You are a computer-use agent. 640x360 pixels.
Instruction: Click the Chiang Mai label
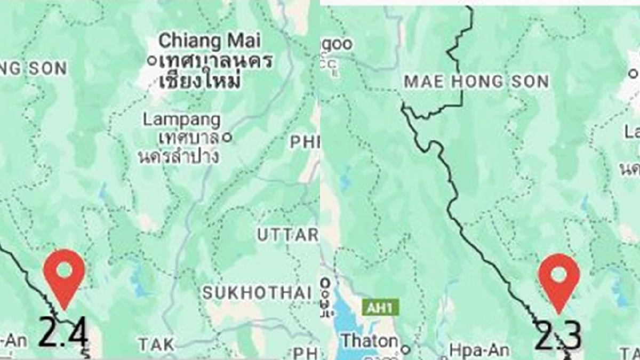pyautogui.click(x=210, y=41)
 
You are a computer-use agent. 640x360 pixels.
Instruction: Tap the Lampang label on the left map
pyautogui.click(x=181, y=119)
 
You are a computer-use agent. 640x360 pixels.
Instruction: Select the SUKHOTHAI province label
pyautogui.click(x=257, y=292)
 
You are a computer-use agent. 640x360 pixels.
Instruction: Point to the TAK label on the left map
pyautogui.click(x=156, y=344)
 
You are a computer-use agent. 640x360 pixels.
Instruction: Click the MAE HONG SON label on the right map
pyautogui.click(x=476, y=82)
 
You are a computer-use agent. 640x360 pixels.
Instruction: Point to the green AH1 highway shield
pyautogui.click(x=380, y=307)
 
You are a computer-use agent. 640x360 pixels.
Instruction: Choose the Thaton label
pyautogui.click(x=370, y=340)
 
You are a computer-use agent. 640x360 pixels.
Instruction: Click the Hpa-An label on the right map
pyautogui.click(x=478, y=350)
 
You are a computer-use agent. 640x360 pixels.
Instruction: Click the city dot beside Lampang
pyautogui.click(x=227, y=138)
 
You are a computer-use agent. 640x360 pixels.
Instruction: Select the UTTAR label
pyautogui.click(x=287, y=235)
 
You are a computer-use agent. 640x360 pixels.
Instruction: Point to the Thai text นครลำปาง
pyautogui.click(x=178, y=156)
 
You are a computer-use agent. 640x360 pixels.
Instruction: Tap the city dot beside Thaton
pyautogui.click(x=406, y=350)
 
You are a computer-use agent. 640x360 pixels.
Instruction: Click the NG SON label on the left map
pyautogui.click(x=33, y=68)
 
